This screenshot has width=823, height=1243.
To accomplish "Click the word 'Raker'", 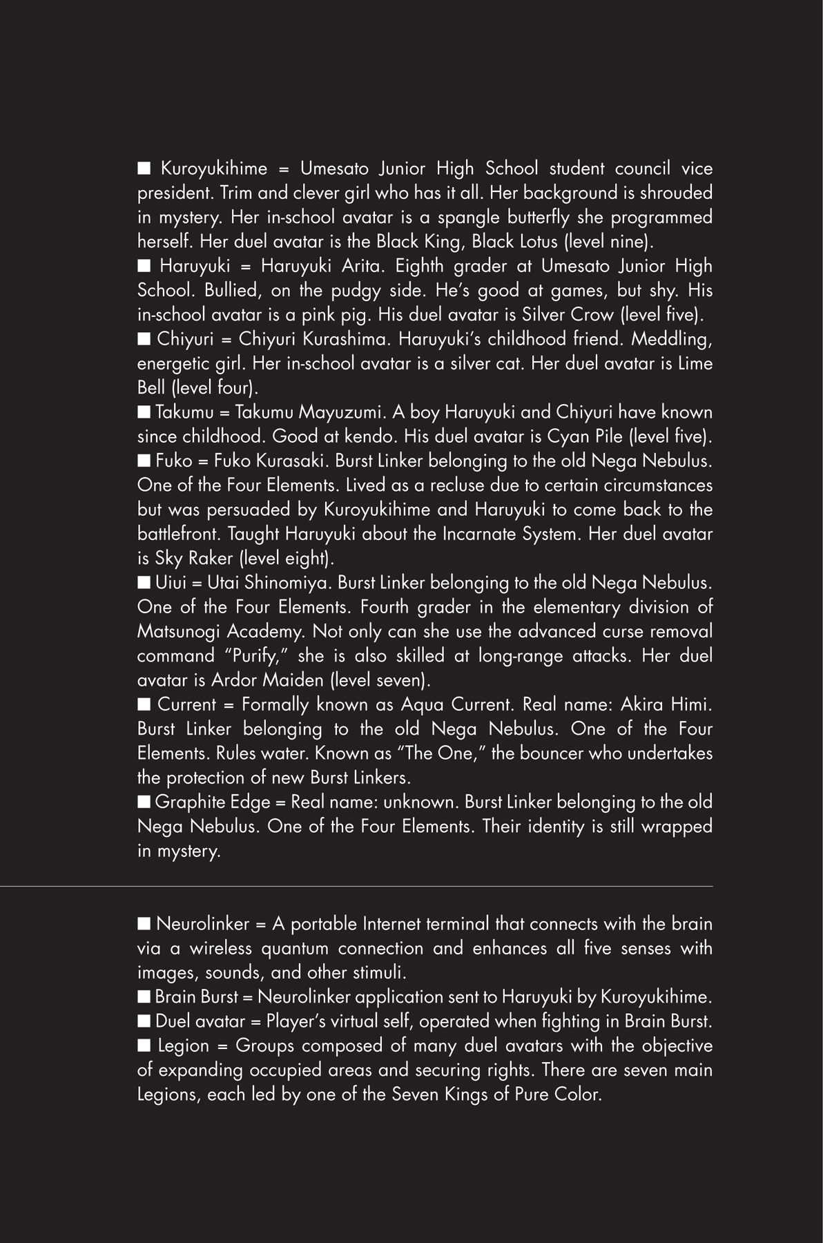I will coord(207,558).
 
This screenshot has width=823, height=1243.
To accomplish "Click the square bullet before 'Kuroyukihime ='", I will coord(144,168).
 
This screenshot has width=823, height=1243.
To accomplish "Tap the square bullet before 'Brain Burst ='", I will coord(144,996).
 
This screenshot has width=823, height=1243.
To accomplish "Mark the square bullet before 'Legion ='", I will coord(144,1046).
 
